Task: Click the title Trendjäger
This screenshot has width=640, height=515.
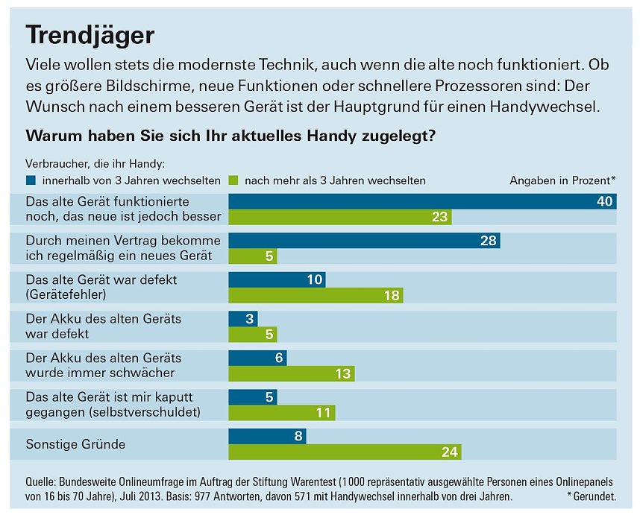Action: click(x=90, y=34)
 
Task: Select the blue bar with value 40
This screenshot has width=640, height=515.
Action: click(x=422, y=201)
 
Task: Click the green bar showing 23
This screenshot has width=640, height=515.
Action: click(x=340, y=217)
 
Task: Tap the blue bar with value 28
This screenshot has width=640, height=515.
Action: click(x=364, y=241)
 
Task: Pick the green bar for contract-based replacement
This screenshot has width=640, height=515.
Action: click(x=253, y=256)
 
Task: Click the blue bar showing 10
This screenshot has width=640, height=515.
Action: click(x=277, y=279)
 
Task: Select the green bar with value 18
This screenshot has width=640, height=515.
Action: click(x=316, y=296)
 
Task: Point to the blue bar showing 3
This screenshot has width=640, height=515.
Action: click(x=242, y=319)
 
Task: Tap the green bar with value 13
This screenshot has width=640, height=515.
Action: click(x=292, y=373)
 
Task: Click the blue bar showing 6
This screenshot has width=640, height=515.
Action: click(x=257, y=358)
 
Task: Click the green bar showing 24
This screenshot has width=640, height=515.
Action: click(x=345, y=452)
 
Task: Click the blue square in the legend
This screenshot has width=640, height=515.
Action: click(x=31, y=180)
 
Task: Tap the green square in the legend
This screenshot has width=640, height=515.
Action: click(x=233, y=180)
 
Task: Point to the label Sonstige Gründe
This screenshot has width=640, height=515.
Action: click(x=75, y=444)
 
